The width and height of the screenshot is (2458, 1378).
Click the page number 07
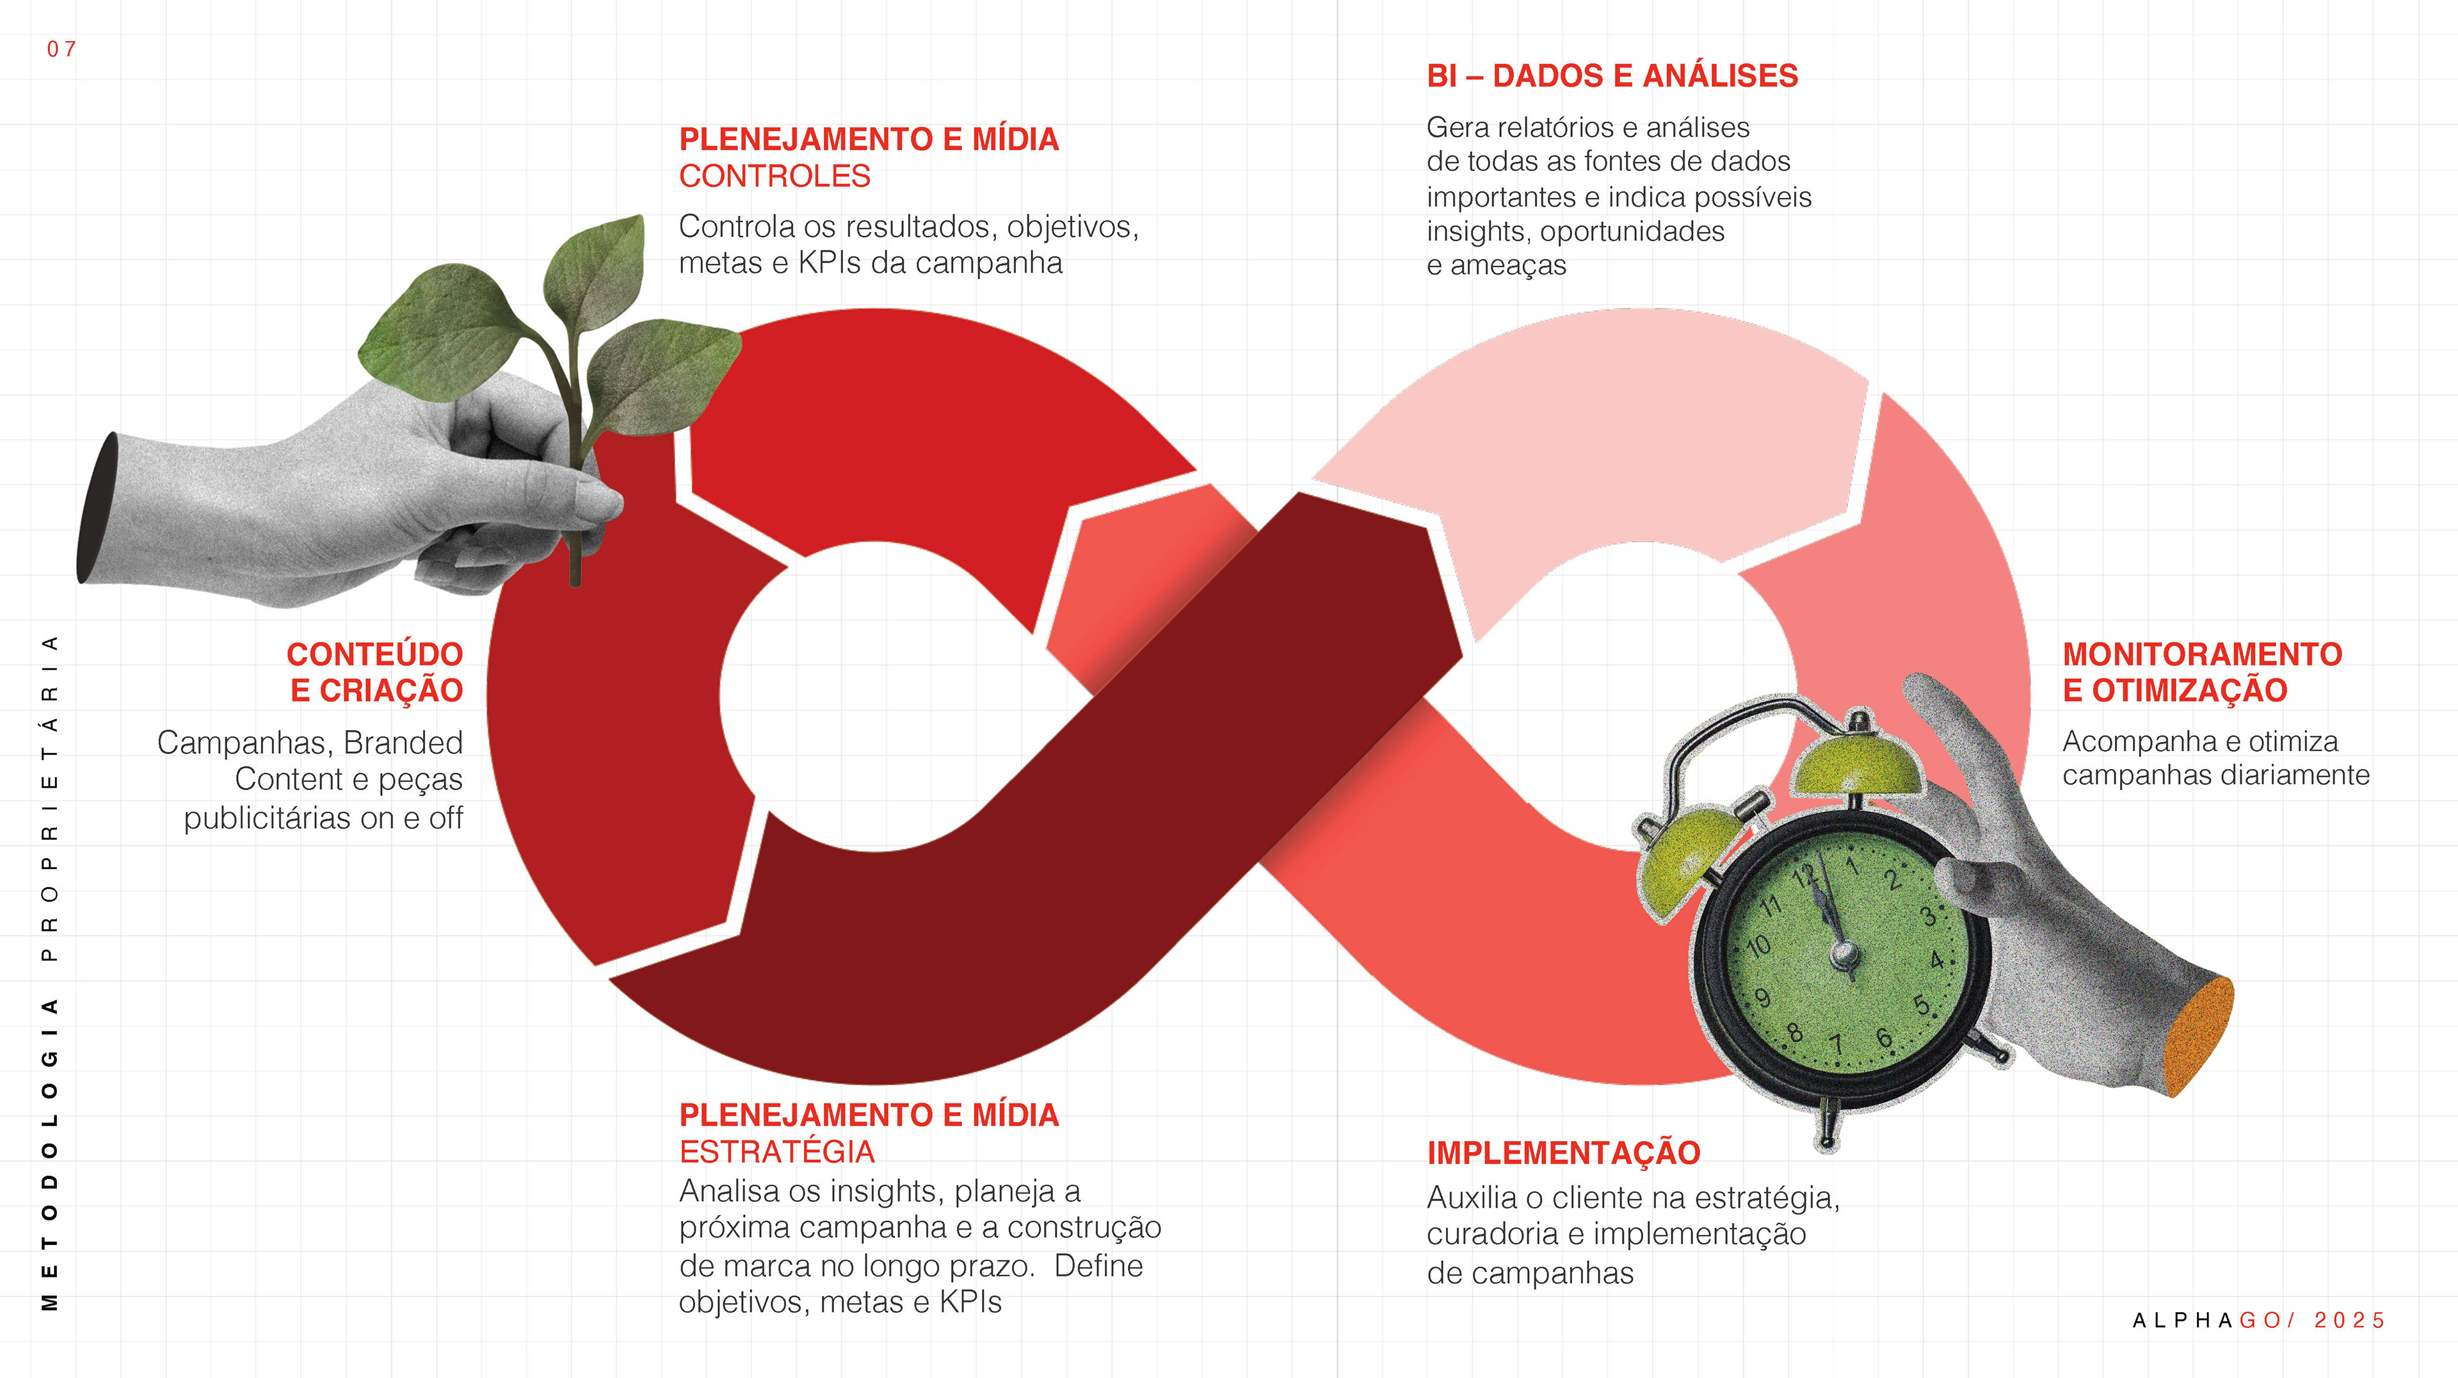(61, 49)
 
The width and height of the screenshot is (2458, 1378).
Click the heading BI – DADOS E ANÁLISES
(1612, 76)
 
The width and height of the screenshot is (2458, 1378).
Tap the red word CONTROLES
(774, 177)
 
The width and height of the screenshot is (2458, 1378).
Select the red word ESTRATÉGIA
(776, 1152)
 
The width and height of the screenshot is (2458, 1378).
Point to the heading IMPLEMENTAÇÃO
(1563, 1153)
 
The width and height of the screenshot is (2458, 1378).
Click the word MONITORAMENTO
(2201, 654)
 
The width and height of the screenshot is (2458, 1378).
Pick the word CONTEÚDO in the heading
(375, 654)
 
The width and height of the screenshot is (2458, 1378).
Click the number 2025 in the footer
(2349, 1321)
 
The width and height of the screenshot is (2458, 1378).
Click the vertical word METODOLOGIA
(50, 1154)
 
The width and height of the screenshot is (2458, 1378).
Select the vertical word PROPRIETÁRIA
(50, 797)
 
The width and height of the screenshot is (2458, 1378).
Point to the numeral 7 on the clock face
(1836, 1044)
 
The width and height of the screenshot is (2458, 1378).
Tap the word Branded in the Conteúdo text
(403, 742)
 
